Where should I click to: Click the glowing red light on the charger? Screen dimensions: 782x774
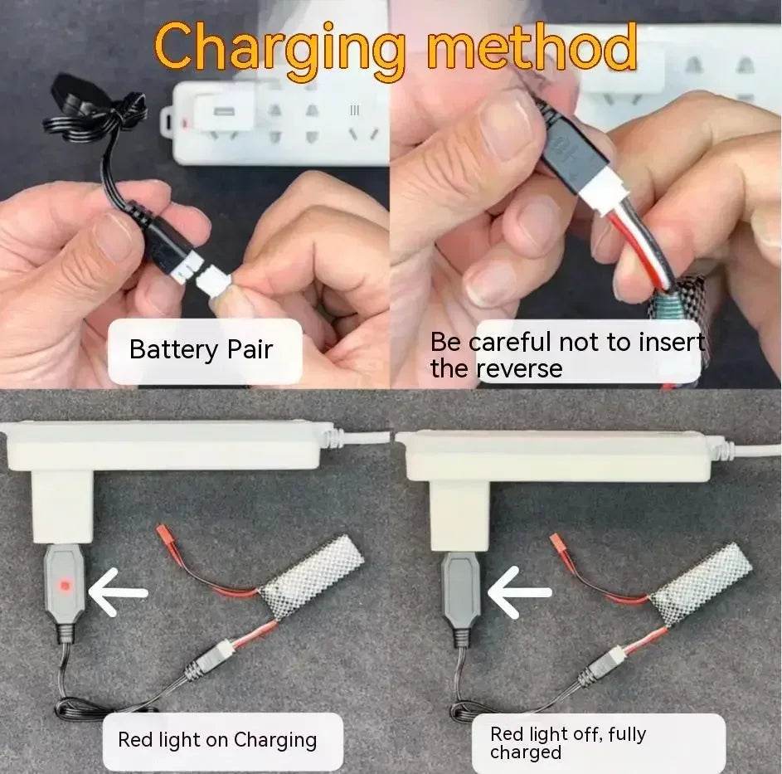63,584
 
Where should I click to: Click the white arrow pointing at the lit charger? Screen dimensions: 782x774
119,592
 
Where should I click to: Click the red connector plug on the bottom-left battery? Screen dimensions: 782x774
163,533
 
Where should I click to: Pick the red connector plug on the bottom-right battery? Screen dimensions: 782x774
557,543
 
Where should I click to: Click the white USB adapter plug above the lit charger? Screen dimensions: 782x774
62,508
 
